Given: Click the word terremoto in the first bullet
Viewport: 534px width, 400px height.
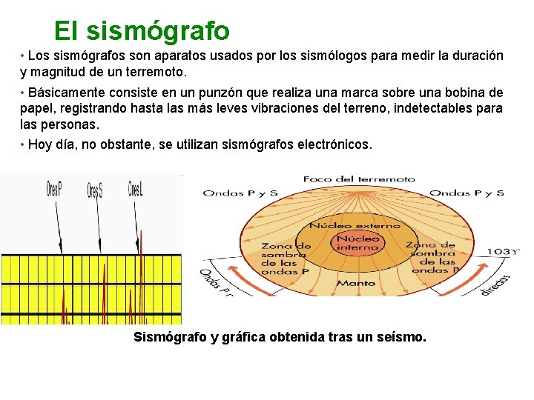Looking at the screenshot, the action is coord(156,73).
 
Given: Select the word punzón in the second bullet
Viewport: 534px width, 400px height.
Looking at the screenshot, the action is coord(232,93).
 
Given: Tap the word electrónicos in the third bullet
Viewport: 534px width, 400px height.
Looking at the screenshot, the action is coord(333,144).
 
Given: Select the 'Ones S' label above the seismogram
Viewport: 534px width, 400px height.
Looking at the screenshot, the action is coord(94,191).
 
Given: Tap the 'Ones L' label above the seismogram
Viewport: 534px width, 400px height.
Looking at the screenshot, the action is coord(135,189).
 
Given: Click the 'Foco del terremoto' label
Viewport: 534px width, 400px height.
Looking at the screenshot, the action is coord(359,179).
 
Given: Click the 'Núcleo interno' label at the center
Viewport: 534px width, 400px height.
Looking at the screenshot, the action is coord(357,243).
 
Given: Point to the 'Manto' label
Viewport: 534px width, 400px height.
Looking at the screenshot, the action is coord(356,283).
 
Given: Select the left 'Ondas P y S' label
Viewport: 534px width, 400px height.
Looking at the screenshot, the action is coord(240,193).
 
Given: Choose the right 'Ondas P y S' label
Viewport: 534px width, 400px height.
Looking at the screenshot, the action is coord(467,193).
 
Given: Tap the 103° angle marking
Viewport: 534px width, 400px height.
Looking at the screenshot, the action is coord(503,252).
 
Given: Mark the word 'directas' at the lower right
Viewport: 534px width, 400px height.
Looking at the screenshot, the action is coord(495,284).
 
